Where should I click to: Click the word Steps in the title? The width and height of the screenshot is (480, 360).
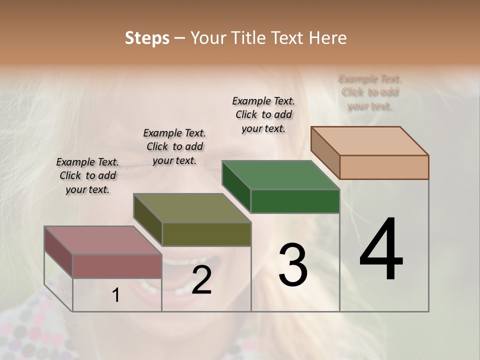pyautogui.click(x=147, y=38)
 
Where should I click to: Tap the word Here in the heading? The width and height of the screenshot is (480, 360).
pyautogui.click(x=327, y=38)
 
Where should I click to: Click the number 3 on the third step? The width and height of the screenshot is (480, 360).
pyautogui.click(x=293, y=264)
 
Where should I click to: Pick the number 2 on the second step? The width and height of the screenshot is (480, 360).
pyautogui.click(x=201, y=280)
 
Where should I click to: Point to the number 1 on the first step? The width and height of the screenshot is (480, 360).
pyautogui.click(x=116, y=295)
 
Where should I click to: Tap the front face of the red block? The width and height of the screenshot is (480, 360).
pyautogui.click(x=117, y=266)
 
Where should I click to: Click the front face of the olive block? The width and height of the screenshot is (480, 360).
pyautogui.click(x=206, y=234)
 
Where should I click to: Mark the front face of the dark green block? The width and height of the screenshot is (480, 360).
pyautogui.click(x=295, y=201)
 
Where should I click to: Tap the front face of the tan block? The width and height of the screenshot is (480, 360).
pyautogui.click(x=384, y=167)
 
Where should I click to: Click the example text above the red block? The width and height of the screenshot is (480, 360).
pyautogui.click(x=87, y=176)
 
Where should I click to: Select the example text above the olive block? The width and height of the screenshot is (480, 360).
pyautogui.click(x=174, y=146)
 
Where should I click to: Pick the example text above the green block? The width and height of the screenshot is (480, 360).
pyautogui.click(x=263, y=114)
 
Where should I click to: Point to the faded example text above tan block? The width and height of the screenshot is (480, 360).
pyautogui.click(x=370, y=92)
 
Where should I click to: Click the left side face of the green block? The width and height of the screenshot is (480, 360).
pyautogui.click(x=236, y=186)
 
